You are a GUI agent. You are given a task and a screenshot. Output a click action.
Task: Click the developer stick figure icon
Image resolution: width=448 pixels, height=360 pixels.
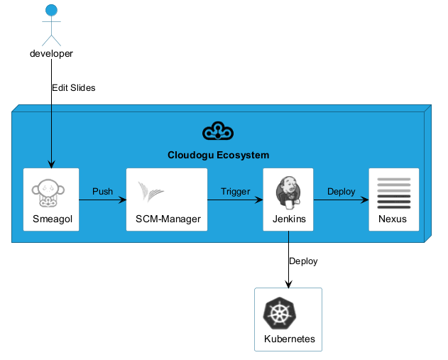[x=50, y=25]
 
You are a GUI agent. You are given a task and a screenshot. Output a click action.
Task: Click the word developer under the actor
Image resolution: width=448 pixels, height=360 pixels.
[x=51, y=54]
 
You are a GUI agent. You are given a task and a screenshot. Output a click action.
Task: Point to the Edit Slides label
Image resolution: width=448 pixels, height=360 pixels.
[x=73, y=88]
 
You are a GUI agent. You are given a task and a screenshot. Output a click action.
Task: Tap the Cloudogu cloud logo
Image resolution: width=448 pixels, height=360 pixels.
[x=218, y=131]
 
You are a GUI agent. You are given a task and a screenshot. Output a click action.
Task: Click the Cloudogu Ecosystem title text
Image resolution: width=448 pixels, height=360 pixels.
[x=218, y=155]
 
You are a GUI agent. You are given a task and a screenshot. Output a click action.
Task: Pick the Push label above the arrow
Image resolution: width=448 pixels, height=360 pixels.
[x=102, y=192]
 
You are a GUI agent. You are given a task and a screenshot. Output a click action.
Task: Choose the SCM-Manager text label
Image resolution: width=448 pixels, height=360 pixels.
[x=168, y=219]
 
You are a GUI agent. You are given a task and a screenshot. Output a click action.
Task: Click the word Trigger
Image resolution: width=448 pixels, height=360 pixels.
[x=235, y=192]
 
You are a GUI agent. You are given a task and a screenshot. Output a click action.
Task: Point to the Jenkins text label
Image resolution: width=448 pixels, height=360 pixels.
[x=289, y=219]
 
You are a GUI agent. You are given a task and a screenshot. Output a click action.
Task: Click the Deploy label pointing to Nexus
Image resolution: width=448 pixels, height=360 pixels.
[x=341, y=192]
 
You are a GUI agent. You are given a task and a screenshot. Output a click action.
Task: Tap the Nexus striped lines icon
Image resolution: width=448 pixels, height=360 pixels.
[x=393, y=192]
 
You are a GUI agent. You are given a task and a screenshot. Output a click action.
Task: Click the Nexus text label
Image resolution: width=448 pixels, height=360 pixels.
[x=393, y=219]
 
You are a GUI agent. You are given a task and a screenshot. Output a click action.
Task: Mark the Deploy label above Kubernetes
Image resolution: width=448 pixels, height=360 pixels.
[x=303, y=261]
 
